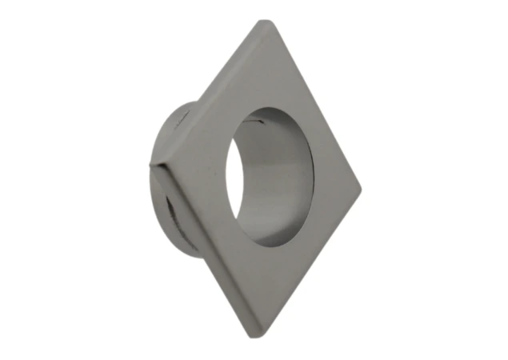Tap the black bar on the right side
pos(471,180)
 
